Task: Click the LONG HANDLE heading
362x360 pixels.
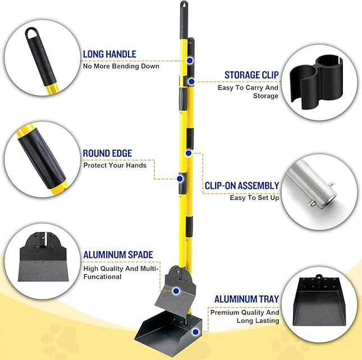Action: (109, 54)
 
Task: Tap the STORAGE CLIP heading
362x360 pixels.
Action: (251, 75)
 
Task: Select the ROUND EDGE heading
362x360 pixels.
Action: (107, 153)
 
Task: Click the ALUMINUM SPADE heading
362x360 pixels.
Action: (118, 255)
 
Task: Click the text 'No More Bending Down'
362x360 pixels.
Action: (121, 66)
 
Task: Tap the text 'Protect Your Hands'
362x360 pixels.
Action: (114, 165)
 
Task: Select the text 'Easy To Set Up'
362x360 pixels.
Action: (254, 198)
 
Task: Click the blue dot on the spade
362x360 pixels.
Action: (176, 291)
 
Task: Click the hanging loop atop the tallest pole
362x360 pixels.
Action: (184, 6)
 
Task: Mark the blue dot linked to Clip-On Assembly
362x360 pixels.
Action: (190, 153)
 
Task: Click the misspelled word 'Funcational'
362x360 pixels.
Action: (103, 276)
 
